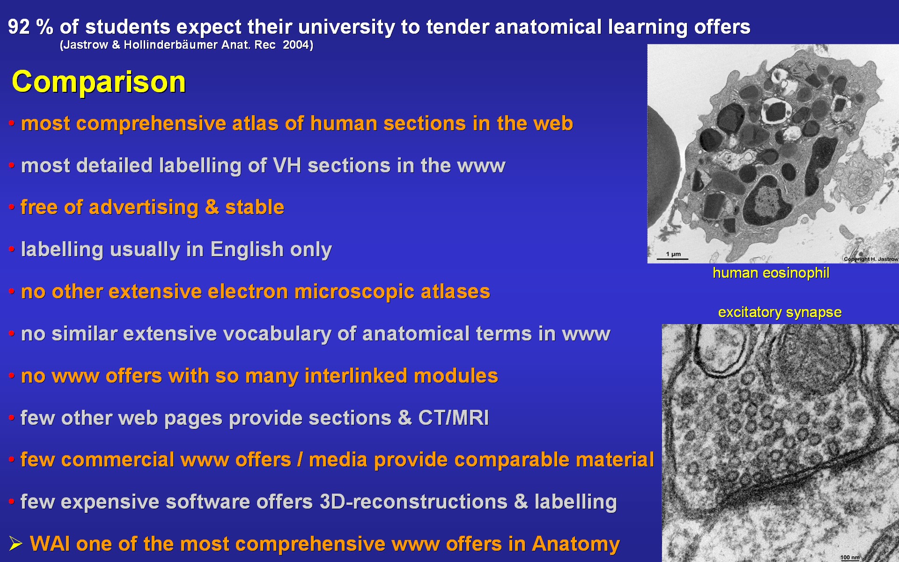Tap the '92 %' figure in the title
pos(30,27)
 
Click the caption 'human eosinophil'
pos(771,273)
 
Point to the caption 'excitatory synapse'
pos(780,312)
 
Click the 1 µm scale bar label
pos(673,254)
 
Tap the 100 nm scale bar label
pos(850,557)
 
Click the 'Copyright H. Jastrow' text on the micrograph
pos(871,259)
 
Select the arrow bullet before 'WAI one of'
pos(15,544)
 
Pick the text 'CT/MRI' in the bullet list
pos(453,418)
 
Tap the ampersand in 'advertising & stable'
pos(212,207)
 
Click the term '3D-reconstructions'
pos(413,502)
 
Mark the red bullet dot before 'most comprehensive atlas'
pos(12,124)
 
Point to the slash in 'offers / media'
pos(300,460)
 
